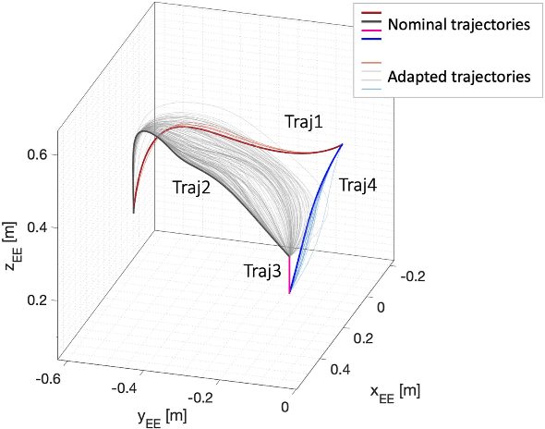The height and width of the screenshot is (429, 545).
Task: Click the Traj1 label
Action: click(x=305, y=121)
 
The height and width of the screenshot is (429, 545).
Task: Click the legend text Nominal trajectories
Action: click(x=459, y=26)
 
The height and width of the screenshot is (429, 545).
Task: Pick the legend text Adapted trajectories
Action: click(x=459, y=76)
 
